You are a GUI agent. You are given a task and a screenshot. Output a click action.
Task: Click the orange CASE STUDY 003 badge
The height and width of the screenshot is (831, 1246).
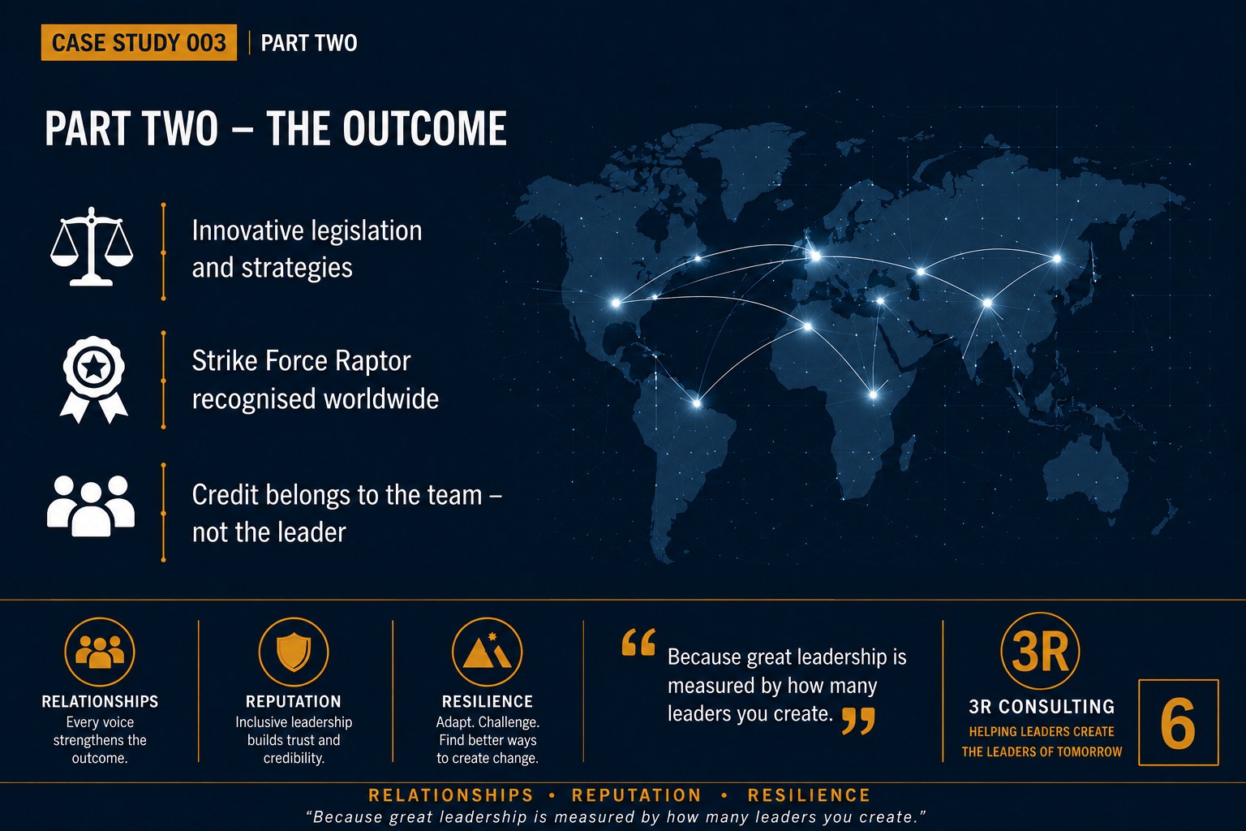point(139,42)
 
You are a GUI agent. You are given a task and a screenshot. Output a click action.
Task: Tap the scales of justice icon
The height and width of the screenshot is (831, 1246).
point(92,247)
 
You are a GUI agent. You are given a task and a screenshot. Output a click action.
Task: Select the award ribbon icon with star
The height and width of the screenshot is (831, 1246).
point(94,380)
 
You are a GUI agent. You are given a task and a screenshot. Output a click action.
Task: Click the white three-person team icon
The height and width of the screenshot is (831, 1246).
point(91,506)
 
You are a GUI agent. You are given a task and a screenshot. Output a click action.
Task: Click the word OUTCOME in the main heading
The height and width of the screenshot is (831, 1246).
point(425,128)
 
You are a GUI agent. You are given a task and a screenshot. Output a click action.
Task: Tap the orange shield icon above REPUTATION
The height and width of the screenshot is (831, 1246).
point(294,652)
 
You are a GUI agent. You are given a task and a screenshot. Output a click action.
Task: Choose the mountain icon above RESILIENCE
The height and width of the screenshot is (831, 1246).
point(488,652)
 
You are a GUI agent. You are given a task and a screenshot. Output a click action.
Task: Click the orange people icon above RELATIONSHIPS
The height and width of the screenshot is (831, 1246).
point(100,652)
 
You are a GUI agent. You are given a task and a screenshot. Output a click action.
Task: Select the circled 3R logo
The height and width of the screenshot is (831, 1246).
point(1040,651)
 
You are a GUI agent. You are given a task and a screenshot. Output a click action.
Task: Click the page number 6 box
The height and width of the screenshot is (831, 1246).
point(1179,722)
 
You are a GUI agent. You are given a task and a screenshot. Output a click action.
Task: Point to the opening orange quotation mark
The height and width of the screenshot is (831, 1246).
point(638,642)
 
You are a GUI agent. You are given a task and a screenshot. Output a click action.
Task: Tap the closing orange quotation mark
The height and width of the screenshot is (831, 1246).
point(858,721)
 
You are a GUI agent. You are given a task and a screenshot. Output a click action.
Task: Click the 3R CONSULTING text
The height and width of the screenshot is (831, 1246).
point(1042,706)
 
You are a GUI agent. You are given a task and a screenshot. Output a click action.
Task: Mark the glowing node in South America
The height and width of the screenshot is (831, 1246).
point(697,403)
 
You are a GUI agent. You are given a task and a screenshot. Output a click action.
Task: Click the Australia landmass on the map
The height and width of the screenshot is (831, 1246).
point(1085,476)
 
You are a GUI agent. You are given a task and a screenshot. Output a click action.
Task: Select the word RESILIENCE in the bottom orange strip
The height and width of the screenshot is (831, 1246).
point(810,795)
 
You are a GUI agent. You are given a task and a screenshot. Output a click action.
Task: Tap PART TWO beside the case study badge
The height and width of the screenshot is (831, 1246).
point(309,43)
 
